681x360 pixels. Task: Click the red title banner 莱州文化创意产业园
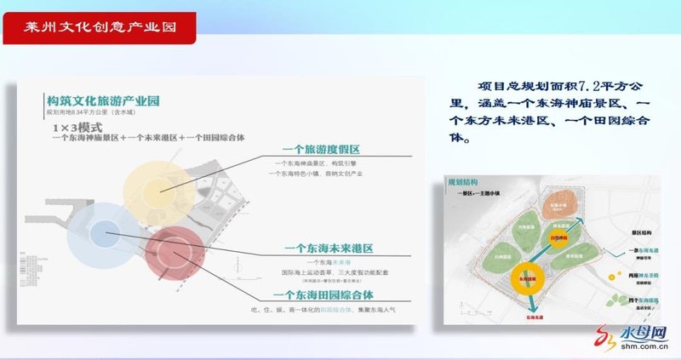[x=100, y=27]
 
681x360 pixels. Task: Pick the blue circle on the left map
[x=104, y=230]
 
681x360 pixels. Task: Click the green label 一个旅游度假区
[x=322, y=148]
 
